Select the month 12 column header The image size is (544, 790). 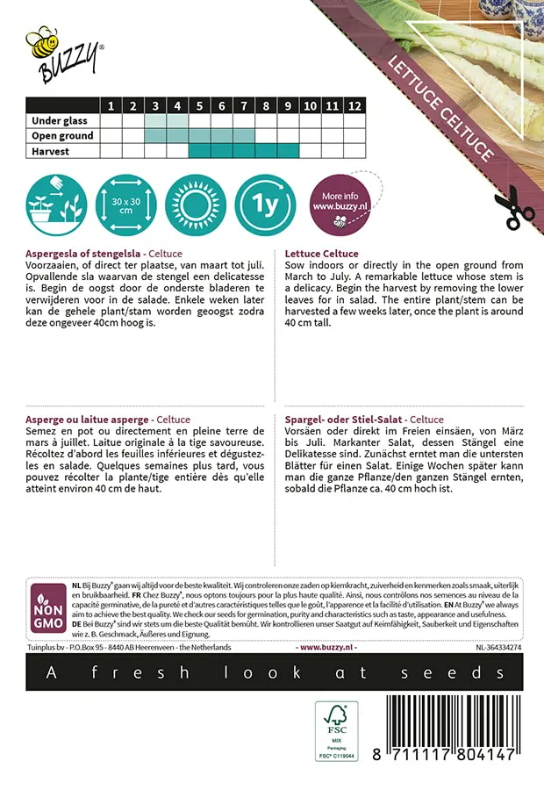coord(354,106)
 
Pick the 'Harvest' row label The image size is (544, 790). coord(51,151)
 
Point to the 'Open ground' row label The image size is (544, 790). coord(61,136)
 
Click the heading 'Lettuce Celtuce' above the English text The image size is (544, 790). coord(322,254)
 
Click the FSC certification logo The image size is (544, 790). coord(337,730)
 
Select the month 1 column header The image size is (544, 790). coord(111,106)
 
